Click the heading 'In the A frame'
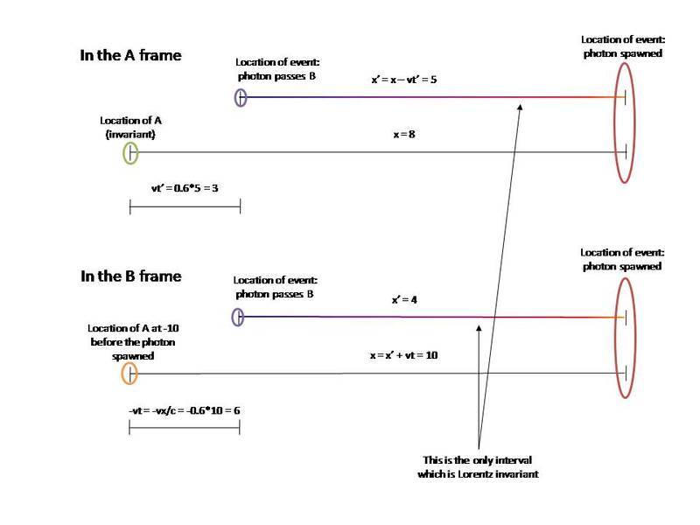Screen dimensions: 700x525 (130, 55)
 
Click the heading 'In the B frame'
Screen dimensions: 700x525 (130, 276)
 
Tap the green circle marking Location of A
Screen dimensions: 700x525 (123, 154)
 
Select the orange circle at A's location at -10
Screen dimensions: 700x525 (122, 374)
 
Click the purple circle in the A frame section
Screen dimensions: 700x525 (235, 97)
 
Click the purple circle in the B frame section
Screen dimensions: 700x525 (233, 317)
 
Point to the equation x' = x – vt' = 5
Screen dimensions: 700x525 (404, 80)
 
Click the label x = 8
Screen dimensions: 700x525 (404, 135)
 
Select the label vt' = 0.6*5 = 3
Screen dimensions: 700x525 (185, 188)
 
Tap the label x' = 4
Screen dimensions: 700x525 (404, 299)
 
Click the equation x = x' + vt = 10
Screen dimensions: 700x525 (403, 355)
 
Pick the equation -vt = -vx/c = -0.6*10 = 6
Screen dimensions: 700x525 (185, 410)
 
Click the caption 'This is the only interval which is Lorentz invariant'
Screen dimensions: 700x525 (478, 467)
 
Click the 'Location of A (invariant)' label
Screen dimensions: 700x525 (130, 127)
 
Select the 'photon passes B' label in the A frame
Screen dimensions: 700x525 (276, 76)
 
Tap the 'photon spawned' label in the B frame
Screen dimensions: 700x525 (622, 267)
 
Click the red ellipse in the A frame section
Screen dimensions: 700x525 (616, 122)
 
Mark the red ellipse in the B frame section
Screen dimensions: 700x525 (617, 338)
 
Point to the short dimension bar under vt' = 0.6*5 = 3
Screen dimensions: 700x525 (185, 206)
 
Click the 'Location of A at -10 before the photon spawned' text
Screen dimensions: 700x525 (133, 342)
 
